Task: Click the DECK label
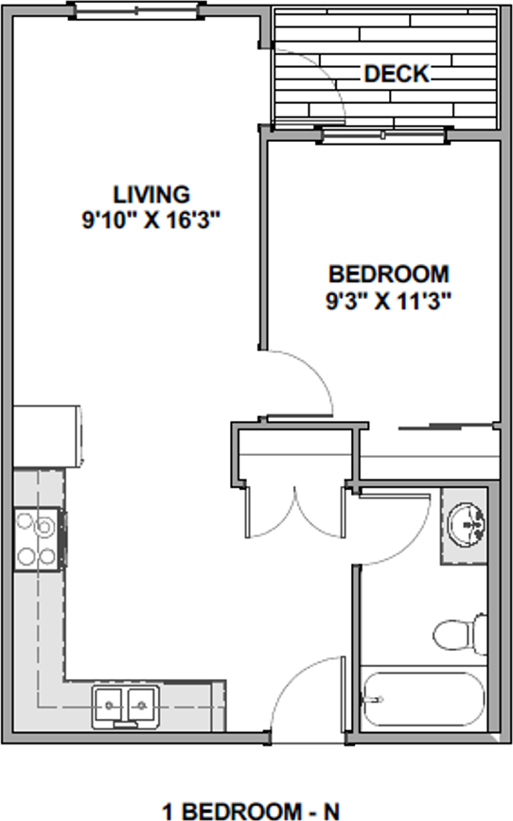click(398, 73)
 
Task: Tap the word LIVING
click(151, 195)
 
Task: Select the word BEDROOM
click(388, 275)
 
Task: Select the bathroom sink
click(466, 523)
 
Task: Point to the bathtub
click(422, 702)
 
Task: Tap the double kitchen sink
click(124, 706)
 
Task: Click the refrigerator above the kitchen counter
click(47, 436)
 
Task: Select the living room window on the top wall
click(137, 11)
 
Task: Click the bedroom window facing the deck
click(384, 134)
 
